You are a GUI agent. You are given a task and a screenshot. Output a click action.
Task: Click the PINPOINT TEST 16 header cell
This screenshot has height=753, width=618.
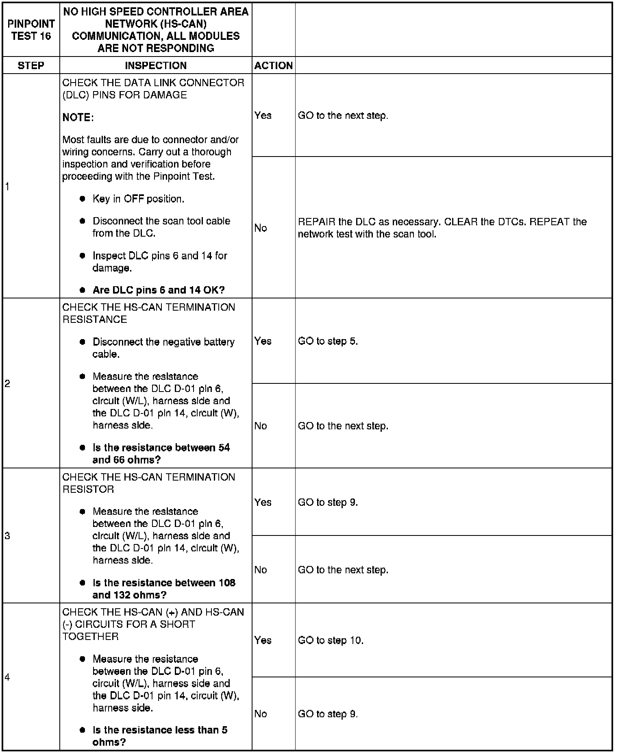[x=31, y=30]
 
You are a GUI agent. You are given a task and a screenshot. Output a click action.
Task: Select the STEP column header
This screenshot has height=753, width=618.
[x=31, y=65]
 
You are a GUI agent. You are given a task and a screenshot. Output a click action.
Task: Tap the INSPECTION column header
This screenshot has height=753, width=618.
[x=156, y=65]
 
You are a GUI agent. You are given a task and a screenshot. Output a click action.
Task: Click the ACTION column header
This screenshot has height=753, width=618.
[x=273, y=65]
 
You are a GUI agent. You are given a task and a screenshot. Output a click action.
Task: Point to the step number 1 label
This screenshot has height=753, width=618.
[x=7, y=187]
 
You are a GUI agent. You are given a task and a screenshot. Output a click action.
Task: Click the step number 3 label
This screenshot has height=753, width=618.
[x=7, y=536]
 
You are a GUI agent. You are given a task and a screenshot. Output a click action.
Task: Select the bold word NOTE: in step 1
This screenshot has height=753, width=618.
[x=78, y=118]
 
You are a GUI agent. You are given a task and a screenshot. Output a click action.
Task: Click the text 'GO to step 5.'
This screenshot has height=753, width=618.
[x=328, y=341]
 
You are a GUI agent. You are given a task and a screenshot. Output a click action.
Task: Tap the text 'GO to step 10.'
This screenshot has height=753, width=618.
[x=331, y=640]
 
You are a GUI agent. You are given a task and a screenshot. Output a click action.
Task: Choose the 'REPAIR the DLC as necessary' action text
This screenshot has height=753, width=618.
[x=442, y=228]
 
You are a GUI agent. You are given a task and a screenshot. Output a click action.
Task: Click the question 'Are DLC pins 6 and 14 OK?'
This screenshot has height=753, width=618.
[x=159, y=290]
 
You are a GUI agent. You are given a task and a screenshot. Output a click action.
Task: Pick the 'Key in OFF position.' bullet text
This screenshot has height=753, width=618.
[x=138, y=199]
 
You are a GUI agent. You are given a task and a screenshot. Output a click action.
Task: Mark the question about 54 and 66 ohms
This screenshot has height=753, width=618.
[x=161, y=454]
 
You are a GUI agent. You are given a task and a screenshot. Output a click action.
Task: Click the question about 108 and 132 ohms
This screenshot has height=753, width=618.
[x=163, y=589]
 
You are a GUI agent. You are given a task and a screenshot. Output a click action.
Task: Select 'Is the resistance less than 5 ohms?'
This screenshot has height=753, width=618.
[x=160, y=736]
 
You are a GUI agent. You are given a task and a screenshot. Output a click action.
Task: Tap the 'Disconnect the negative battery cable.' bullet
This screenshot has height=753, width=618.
[x=163, y=348]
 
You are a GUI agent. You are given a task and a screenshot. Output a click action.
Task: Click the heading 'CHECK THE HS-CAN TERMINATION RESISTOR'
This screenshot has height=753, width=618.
[x=148, y=483]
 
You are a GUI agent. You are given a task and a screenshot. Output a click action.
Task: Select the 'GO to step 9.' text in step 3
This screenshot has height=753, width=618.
[x=328, y=503]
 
